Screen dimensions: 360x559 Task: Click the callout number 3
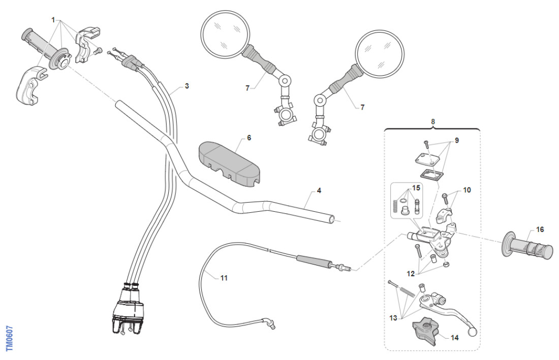(187, 86)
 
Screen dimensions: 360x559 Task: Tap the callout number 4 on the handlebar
(319, 191)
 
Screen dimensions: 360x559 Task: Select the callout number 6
(249, 138)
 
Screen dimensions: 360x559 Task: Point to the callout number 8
(433, 122)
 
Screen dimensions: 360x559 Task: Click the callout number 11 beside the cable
(224, 278)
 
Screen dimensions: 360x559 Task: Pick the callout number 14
(455, 337)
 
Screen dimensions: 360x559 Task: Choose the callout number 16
(540, 230)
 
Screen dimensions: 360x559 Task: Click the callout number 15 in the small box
(417, 188)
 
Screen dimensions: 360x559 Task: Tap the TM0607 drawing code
(9, 338)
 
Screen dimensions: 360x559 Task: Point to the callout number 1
(53, 19)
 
